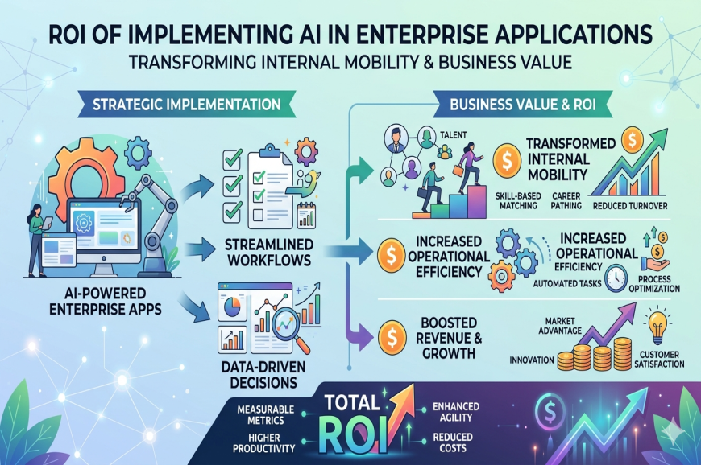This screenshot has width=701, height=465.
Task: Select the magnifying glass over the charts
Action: click(x=288, y=325)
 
